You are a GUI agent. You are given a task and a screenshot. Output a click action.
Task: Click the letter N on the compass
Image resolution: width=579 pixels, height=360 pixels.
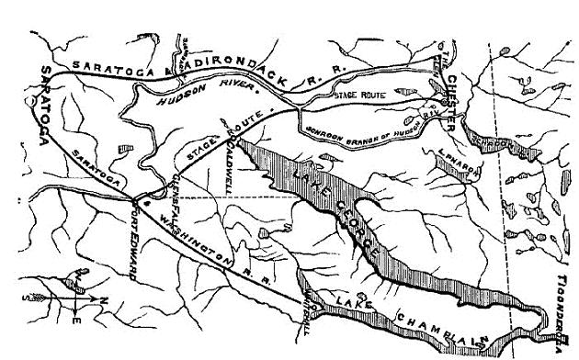[x=103, y=299]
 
